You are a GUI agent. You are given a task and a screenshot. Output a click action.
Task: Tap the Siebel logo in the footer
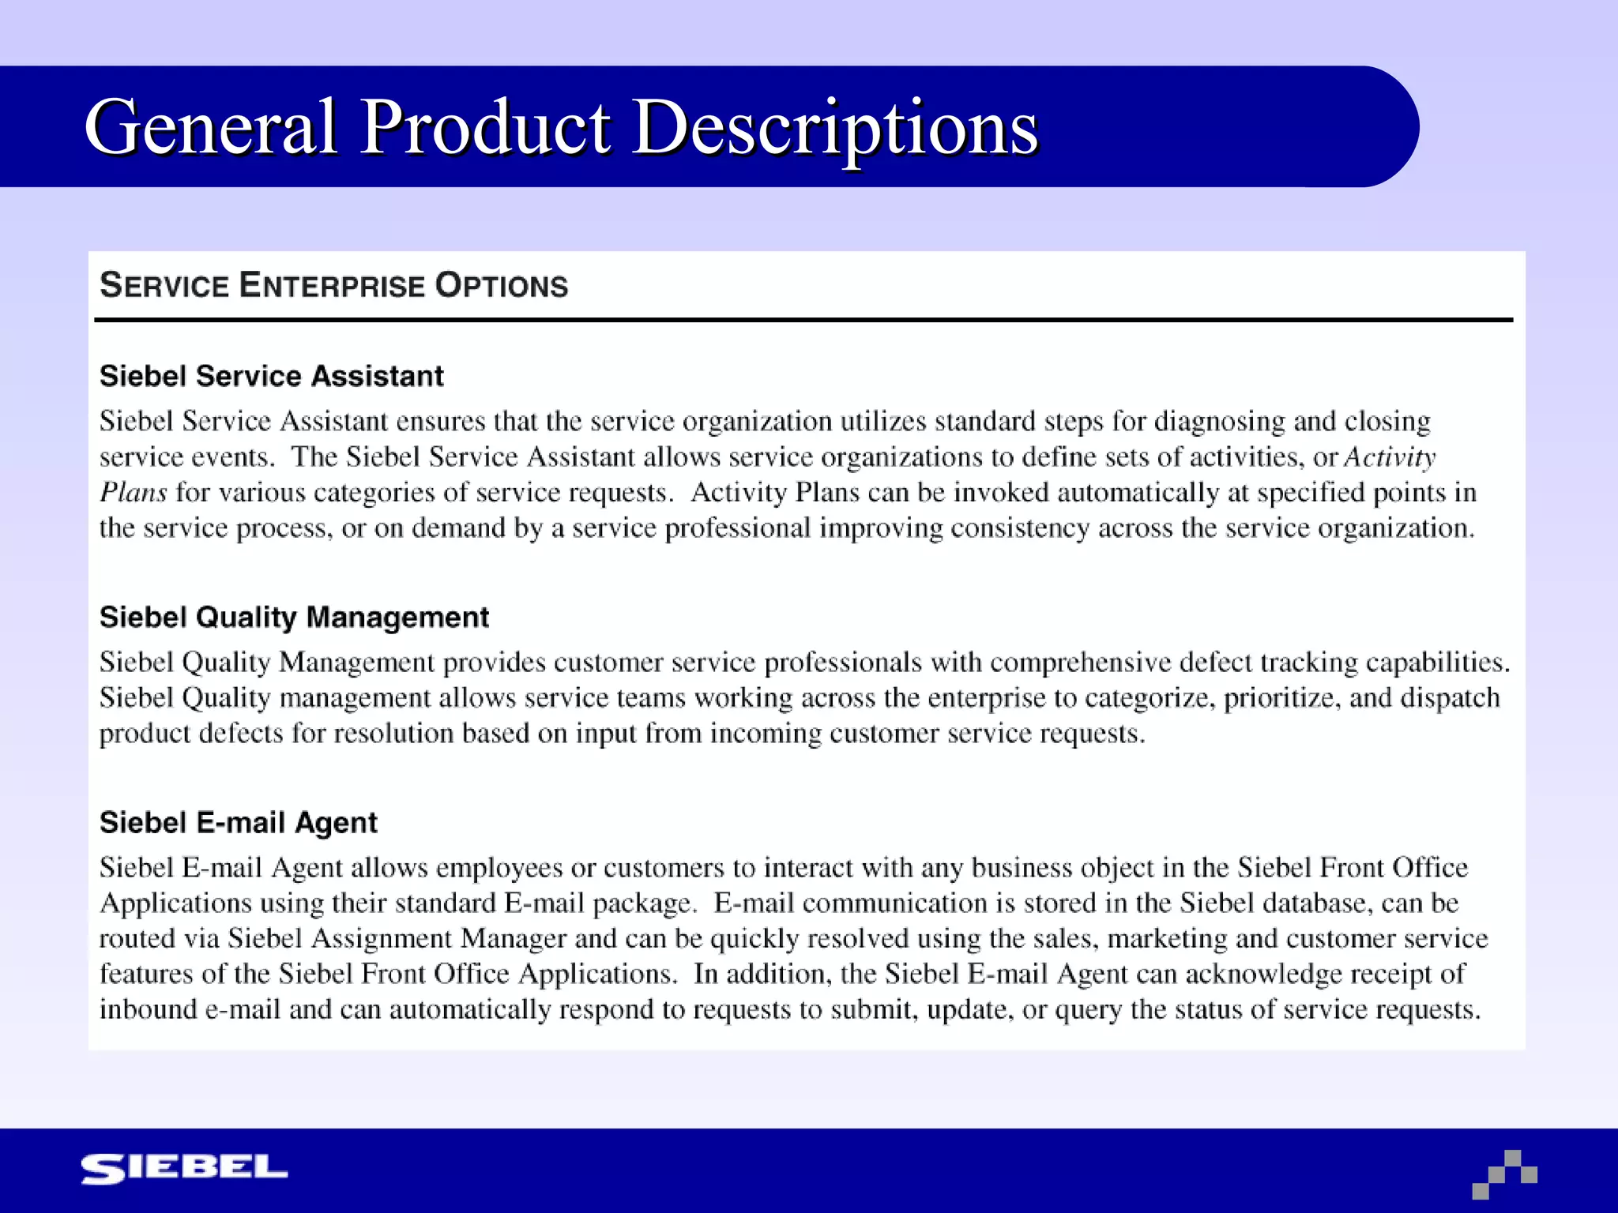(x=184, y=1168)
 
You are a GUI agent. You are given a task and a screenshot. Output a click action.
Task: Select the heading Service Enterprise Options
(x=333, y=286)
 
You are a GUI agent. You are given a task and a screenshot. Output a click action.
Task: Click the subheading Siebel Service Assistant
(x=271, y=376)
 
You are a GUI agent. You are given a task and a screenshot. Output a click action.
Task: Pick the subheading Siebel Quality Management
(x=294, y=617)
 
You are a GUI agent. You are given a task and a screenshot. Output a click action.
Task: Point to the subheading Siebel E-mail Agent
(x=238, y=823)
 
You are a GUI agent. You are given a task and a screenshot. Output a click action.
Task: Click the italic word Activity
(x=1390, y=457)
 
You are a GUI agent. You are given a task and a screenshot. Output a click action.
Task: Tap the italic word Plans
(x=133, y=493)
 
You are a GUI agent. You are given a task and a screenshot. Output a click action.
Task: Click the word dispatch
(x=1450, y=698)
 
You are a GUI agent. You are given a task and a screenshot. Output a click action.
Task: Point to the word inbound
(x=148, y=1010)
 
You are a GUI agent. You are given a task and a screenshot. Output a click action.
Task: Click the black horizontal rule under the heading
(x=803, y=320)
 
